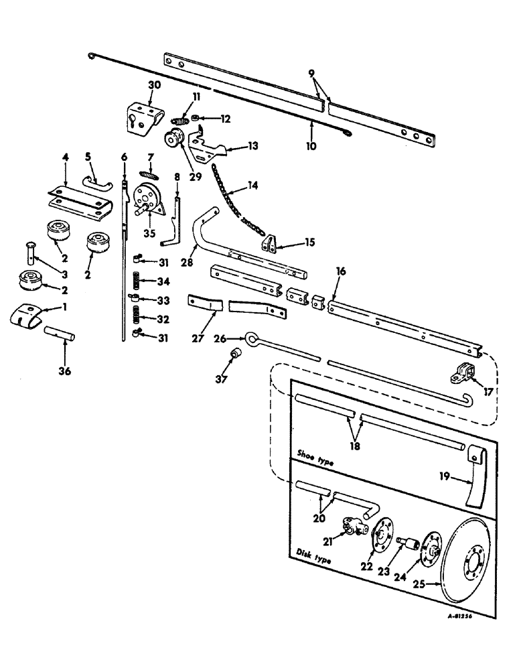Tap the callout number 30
[154, 86]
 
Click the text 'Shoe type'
[315, 462]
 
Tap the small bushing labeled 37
[236, 353]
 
